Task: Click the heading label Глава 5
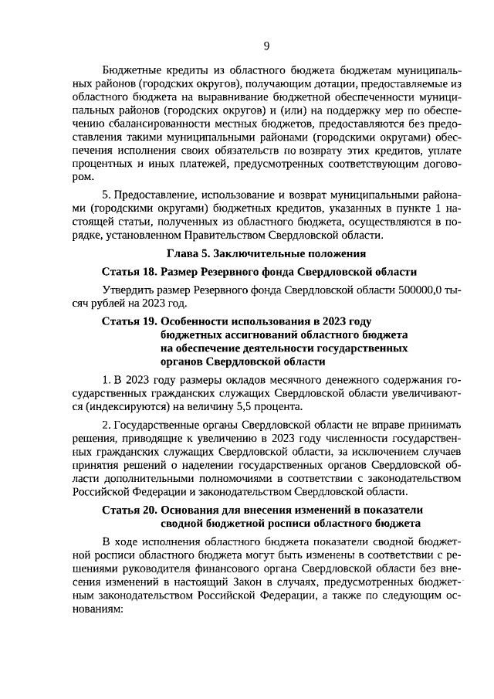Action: pos(188,253)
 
